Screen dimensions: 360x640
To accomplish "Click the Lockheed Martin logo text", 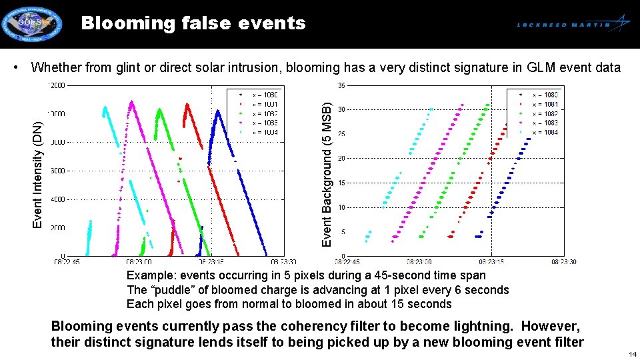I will (x=564, y=25).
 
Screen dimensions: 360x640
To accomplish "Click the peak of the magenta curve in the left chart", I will (x=132, y=101).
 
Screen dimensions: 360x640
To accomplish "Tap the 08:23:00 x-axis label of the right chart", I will (x=419, y=262).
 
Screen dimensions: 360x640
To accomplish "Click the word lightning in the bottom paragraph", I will (x=486, y=327).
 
